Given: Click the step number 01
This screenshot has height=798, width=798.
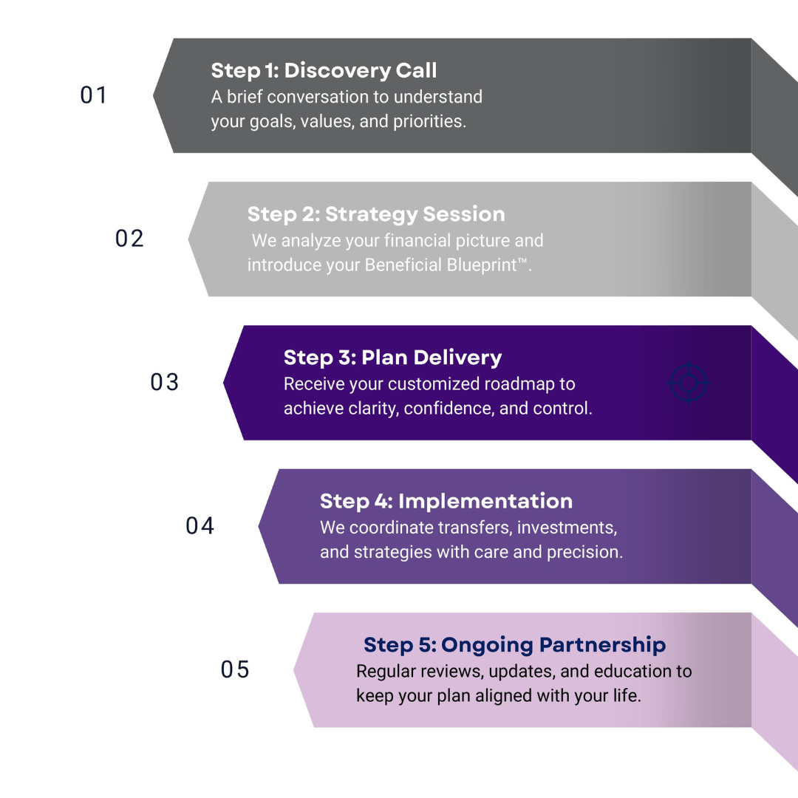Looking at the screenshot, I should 94,95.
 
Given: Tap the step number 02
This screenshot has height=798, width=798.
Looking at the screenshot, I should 129,239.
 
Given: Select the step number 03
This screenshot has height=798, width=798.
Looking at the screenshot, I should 165,382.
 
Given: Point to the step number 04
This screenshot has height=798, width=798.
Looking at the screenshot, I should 199,525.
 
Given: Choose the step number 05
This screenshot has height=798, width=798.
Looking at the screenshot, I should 235,669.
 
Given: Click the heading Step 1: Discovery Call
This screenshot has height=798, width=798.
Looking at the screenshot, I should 324,70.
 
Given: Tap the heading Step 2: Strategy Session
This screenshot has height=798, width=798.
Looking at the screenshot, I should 376,214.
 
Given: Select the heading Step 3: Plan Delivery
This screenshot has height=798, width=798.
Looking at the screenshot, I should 392,358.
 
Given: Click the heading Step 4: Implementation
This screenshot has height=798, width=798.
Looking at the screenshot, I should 446,501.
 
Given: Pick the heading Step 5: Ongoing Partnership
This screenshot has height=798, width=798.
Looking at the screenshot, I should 514,644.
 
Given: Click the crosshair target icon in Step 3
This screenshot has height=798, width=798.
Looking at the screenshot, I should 688,383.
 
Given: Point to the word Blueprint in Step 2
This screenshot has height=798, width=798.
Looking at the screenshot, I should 481,265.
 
